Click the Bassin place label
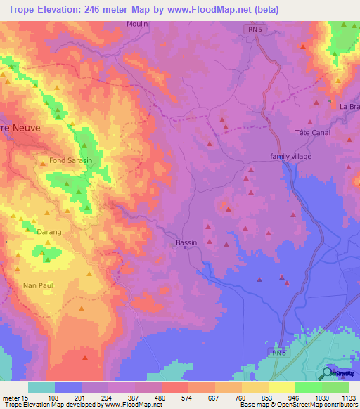(186, 242)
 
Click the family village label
(290, 156)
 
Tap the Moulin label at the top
(139, 24)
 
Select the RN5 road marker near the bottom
(280, 351)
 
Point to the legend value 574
(173, 397)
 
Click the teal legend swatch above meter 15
(41, 387)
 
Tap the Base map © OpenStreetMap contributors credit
(298, 405)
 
